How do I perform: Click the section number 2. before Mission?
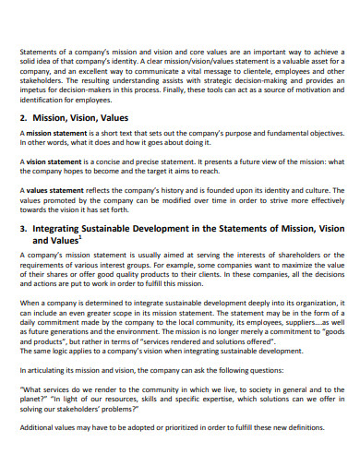point(25,119)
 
